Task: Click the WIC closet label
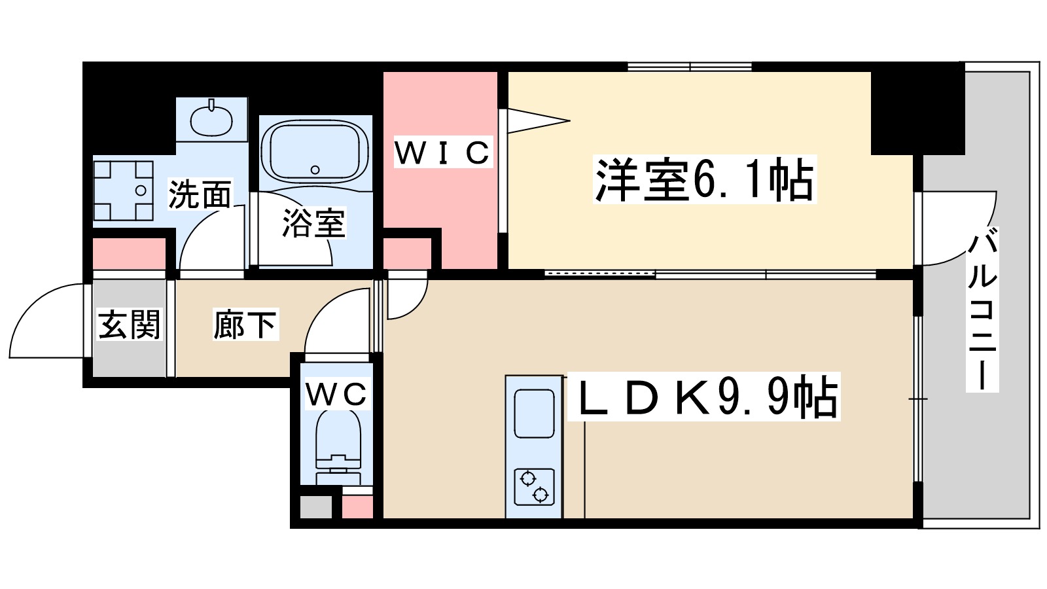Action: pos(442,152)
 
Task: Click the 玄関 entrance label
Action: pos(129,325)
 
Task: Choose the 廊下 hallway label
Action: pos(245,325)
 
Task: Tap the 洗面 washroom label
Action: pos(200,194)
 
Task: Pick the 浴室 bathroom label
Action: pos(313,223)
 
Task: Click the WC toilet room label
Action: pos(336,395)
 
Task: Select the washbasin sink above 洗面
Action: pos(211,119)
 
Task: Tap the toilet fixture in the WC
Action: pos(338,445)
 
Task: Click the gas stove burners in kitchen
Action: pos(534,487)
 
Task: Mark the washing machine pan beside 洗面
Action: pos(124,190)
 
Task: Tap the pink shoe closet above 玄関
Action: pos(129,255)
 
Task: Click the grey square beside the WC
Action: pos(315,507)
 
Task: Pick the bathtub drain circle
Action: pos(315,170)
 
